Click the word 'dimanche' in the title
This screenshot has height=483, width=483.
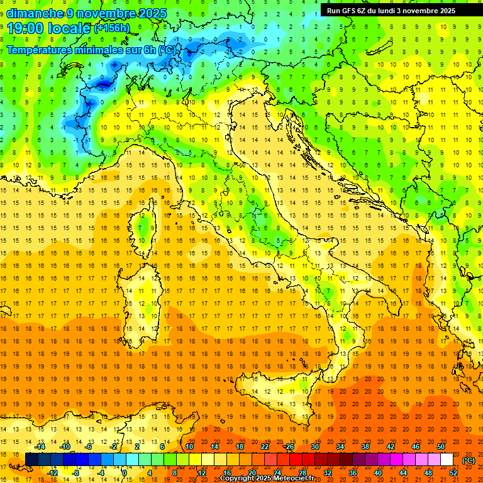[x=35, y=13]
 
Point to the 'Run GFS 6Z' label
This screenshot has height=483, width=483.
[x=345, y=11]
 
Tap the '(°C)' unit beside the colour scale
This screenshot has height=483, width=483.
[x=469, y=460]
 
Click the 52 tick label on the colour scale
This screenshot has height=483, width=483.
[x=453, y=473]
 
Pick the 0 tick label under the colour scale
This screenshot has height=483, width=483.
[x=125, y=473]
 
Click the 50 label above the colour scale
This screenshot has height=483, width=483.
[x=441, y=447]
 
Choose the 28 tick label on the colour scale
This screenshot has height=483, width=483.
[x=302, y=473]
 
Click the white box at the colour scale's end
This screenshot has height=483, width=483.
[x=447, y=460]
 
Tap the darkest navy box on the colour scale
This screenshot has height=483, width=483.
[x=31, y=460]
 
